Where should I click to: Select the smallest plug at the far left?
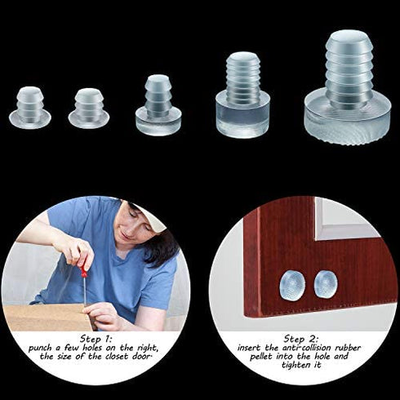[30, 108]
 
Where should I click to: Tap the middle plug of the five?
[156, 106]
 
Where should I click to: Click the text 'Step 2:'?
[302, 337]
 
